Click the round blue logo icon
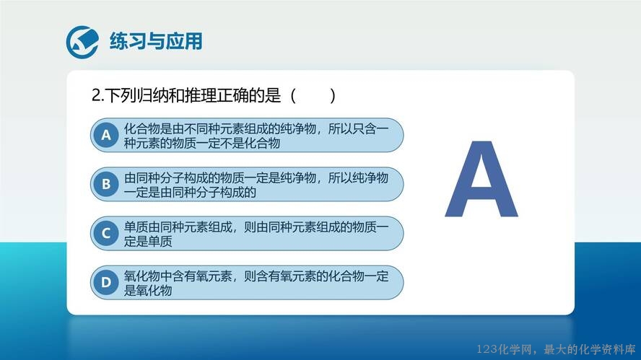click(x=82, y=42)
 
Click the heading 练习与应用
click(x=156, y=41)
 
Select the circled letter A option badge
click(x=106, y=135)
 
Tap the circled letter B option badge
click(x=106, y=184)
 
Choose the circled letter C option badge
click(x=106, y=233)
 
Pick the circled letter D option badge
click(x=106, y=282)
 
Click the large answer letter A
click(x=481, y=179)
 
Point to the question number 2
click(x=97, y=96)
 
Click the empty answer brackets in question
click(x=313, y=96)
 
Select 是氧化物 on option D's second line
click(x=148, y=291)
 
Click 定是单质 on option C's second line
click(x=148, y=242)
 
